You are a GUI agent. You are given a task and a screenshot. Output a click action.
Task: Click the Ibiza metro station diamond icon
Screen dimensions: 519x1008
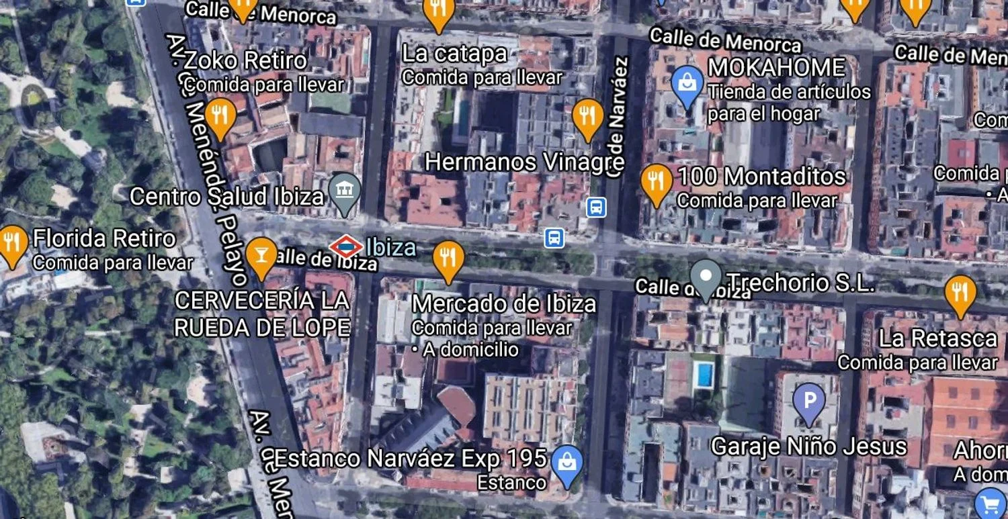point(346,247)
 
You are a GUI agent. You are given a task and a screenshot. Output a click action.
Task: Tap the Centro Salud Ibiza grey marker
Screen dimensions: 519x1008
point(345,190)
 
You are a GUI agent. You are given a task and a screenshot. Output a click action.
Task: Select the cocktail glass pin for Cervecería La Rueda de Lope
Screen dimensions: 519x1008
point(261,256)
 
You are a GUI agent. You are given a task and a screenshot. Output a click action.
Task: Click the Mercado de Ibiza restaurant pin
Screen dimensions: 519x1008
point(448,258)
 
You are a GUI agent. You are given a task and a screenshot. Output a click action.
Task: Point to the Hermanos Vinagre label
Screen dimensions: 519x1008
point(524,162)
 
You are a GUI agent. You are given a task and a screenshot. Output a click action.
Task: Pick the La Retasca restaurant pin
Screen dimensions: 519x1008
point(960,293)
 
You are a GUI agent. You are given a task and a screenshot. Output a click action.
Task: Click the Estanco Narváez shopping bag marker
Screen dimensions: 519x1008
point(566,463)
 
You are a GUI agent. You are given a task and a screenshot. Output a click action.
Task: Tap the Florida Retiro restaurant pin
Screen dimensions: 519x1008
point(13,242)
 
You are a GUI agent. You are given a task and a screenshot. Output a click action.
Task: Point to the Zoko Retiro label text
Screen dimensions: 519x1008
point(245,60)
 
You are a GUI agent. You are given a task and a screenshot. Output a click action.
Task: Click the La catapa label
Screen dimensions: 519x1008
point(454,54)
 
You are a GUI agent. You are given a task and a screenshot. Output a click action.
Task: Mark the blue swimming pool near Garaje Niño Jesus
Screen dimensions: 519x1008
point(704,374)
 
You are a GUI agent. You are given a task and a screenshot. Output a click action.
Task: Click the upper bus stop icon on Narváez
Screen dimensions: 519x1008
point(596,207)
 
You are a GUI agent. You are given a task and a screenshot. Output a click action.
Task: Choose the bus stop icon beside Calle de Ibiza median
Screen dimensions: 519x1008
point(554,238)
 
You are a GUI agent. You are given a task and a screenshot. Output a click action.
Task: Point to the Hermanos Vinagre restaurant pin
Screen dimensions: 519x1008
point(588,117)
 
